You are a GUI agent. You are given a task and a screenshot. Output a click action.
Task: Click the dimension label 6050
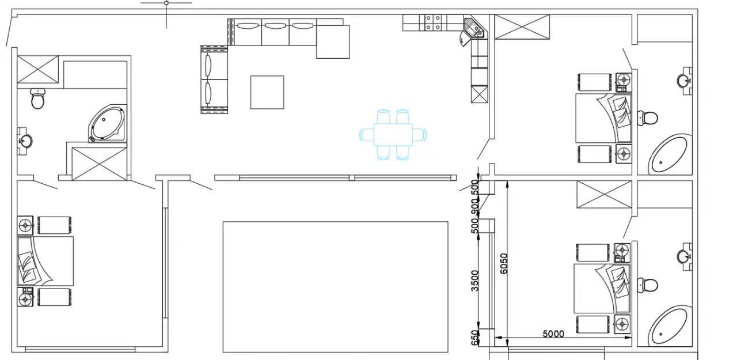[x=504, y=263]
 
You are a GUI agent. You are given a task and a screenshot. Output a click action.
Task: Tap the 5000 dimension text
[x=553, y=334]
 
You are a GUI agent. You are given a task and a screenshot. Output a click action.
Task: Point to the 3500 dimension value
[x=474, y=281]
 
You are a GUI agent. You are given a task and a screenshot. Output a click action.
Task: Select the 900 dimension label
[x=474, y=205]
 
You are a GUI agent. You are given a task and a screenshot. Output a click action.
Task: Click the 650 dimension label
[x=474, y=338]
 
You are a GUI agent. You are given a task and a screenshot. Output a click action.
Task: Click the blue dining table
[x=393, y=135]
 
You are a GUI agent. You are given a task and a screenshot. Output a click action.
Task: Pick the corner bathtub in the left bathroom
[x=107, y=124]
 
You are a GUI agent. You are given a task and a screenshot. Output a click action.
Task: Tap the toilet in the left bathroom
[x=37, y=98]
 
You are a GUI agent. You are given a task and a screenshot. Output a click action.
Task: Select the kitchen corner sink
[x=474, y=29]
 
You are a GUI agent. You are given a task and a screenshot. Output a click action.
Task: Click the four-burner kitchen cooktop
[x=433, y=22]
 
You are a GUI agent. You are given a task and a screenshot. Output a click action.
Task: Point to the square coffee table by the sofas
[x=267, y=93]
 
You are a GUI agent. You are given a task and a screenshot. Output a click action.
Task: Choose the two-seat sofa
[x=214, y=79]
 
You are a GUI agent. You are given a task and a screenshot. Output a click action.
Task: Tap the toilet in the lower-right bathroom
[x=647, y=285]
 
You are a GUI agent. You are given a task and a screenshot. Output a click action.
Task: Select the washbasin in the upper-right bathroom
[x=685, y=80]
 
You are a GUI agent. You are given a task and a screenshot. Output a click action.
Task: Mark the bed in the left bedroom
[x=45, y=261]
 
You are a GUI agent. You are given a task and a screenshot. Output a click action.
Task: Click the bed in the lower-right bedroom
[x=602, y=288]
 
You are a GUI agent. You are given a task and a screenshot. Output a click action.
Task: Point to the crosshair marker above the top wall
[x=166, y=3]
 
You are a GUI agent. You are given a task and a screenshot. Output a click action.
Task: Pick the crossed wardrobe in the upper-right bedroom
[x=522, y=26]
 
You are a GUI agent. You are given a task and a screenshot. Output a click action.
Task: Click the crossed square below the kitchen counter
[x=480, y=94]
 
